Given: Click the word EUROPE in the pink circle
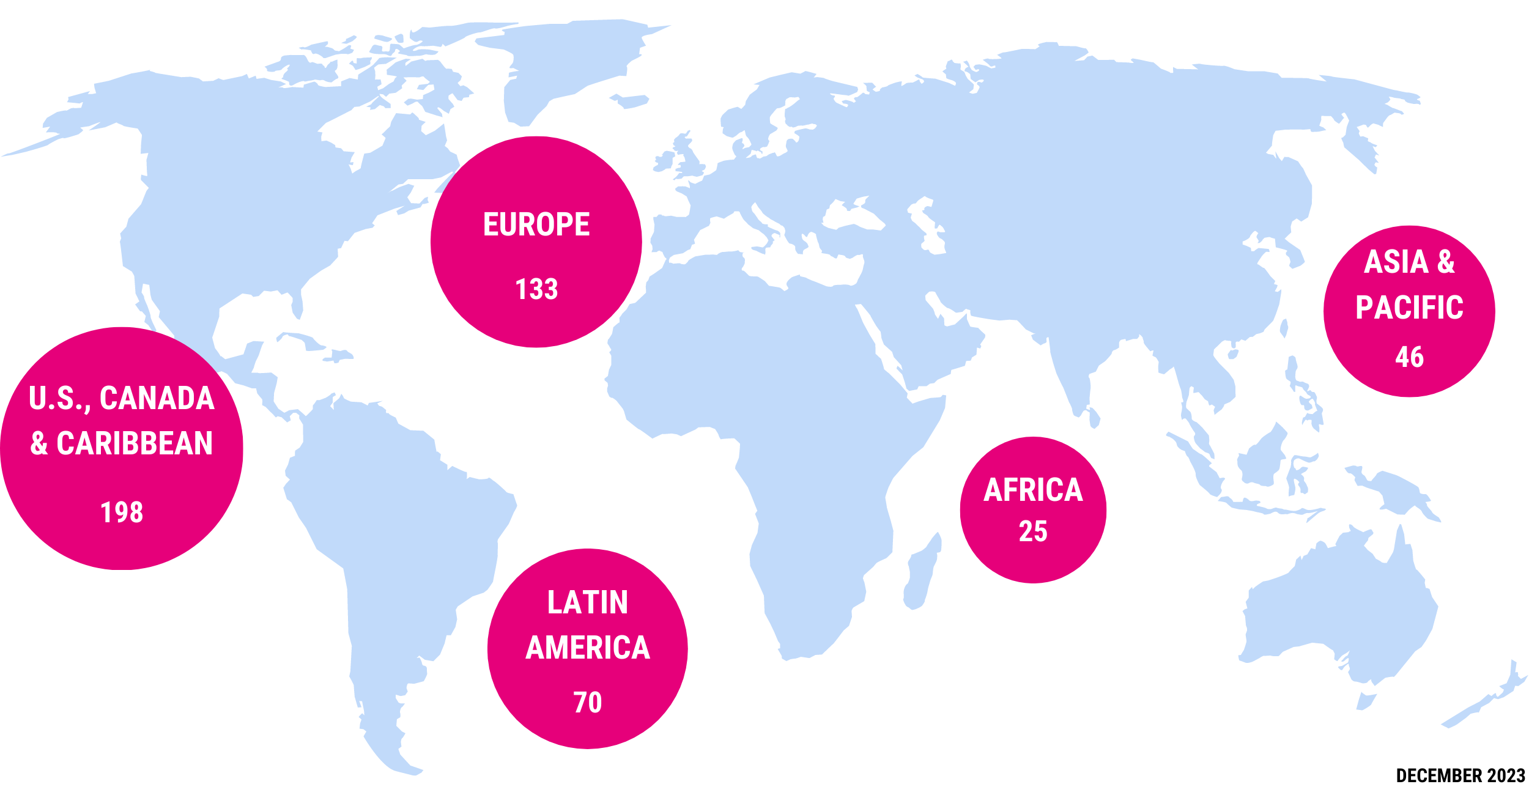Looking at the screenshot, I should click(x=536, y=224).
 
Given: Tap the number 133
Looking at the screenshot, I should click(x=536, y=289).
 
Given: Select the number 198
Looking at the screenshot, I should click(x=122, y=512).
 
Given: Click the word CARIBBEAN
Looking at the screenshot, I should click(x=135, y=443).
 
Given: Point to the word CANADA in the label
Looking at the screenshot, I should click(x=157, y=398).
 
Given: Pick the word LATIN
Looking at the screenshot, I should click(x=587, y=603).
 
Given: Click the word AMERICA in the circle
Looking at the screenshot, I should click(x=587, y=648).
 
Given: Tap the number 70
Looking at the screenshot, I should click(x=587, y=703).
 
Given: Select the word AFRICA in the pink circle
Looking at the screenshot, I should click(x=1033, y=490).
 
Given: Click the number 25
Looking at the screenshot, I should click(x=1033, y=531).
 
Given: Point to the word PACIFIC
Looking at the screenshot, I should click(x=1409, y=308).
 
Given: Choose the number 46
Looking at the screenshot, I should click(x=1409, y=357).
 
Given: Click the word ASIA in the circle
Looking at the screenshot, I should click(x=1396, y=262).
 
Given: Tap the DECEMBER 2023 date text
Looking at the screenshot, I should click(x=1461, y=776).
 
